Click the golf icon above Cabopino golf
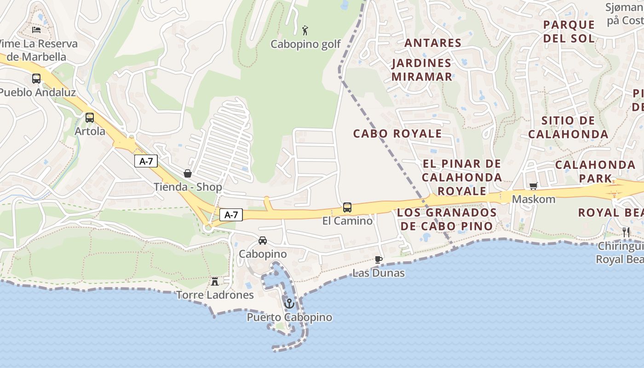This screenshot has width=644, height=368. (305, 31)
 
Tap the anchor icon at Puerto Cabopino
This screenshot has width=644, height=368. (289, 304)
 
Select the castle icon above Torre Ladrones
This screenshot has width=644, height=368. (215, 281)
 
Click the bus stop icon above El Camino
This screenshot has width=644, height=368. (347, 207)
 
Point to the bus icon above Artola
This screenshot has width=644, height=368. (90, 118)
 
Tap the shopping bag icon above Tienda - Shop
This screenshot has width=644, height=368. (188, 173)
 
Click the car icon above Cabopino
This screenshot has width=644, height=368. (262, 240)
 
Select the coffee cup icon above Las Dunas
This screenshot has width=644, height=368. (379, 259)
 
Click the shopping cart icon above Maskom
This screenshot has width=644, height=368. (534, 186)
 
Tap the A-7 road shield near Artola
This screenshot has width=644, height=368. (146, 161)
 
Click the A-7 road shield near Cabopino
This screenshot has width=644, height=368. (231, 214)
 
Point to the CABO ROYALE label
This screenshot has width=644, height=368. (397, 133)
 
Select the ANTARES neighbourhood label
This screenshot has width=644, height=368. (433, 43)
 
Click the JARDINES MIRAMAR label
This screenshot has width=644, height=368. (422, 70)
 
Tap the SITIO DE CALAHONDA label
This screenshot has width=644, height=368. (568, 127)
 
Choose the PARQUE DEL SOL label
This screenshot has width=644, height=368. (569, 31)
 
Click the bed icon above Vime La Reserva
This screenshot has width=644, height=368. (36, 30)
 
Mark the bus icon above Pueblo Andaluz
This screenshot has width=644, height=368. (36, 79)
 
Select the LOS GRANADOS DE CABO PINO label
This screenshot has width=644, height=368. (447, 219)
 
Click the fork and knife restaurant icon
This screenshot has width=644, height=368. (626, 232)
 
